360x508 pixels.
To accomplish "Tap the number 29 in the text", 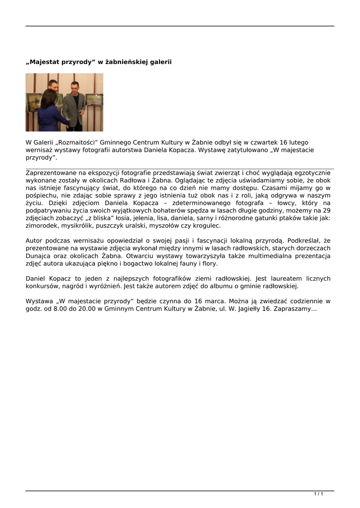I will tap(326, 211).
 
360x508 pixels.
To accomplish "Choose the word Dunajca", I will tap(39, 256).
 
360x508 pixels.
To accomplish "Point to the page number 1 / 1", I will tap(319, 494).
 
